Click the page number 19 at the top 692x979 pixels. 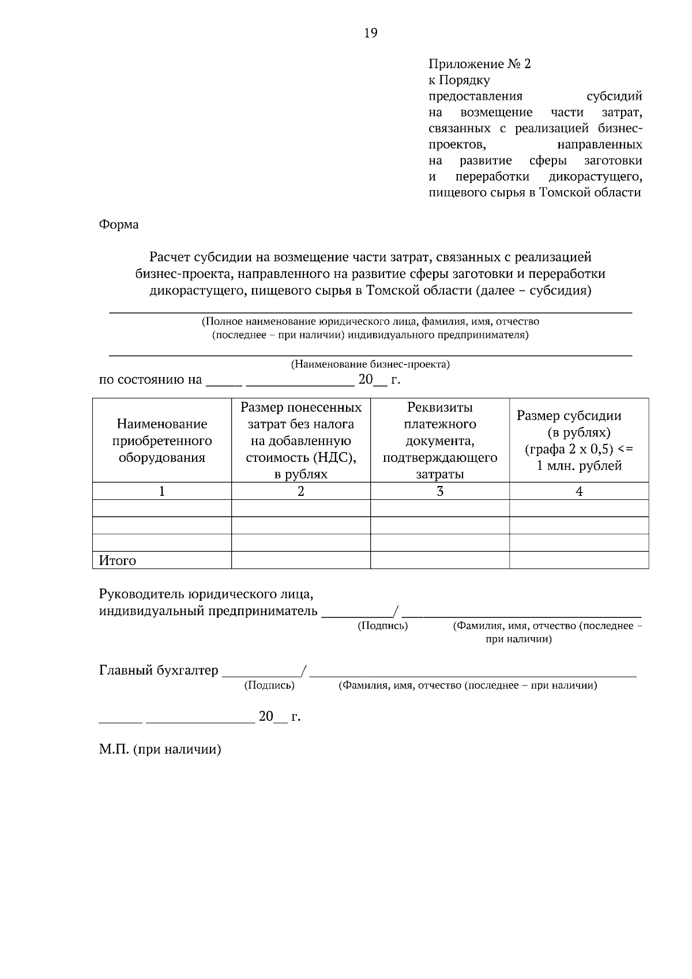[x=371, y=33]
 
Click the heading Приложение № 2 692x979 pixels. [x=479, y=64]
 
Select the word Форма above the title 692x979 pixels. [x=119, y=224]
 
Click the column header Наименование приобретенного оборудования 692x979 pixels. [x=162, y=440]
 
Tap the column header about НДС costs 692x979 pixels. [x=300, y=440]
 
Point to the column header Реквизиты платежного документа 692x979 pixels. [x=439, y=440]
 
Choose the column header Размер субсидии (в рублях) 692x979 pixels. [x=578, y=440]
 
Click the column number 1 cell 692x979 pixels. [x=162, y=491]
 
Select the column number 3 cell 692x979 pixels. [x=439, y=491]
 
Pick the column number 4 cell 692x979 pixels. [x=579, y=491]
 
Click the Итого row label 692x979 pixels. [x=118, y=560]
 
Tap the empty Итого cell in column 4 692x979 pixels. [x=579, y=560]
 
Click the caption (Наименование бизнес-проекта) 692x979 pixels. [x=370, y=364]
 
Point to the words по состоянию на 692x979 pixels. [x=151, y=380]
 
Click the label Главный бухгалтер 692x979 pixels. [x=159, y=671]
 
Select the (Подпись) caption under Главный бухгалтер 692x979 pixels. [x=269, y=686]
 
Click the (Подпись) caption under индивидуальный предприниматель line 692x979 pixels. [x=383, y=626]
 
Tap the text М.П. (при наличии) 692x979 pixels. [x=160, y=750]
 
